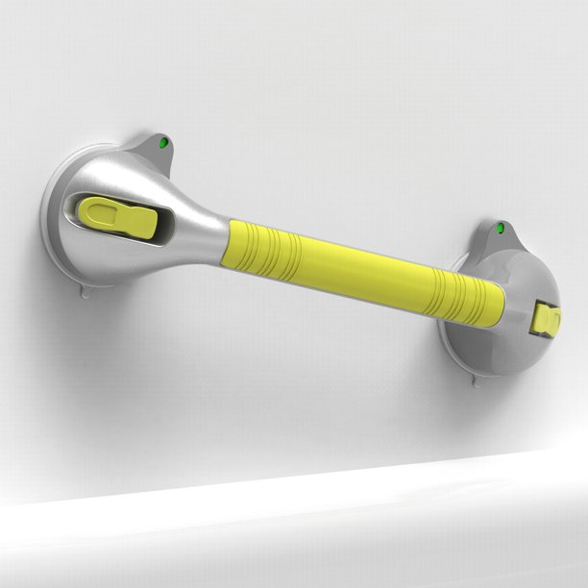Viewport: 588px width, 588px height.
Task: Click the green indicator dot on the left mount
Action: pyautogui.click(x=162, y=143)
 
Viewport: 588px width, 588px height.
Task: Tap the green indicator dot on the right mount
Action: pyautogui.click(x=500, y=229)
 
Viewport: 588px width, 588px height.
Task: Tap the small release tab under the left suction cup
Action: pyautogui.click(x=86, y=288)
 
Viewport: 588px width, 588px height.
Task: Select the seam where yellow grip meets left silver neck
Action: pyautogui.click(x=230, y=244)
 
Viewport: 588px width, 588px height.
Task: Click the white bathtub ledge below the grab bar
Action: pyautogui.click(x=288, y=519)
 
